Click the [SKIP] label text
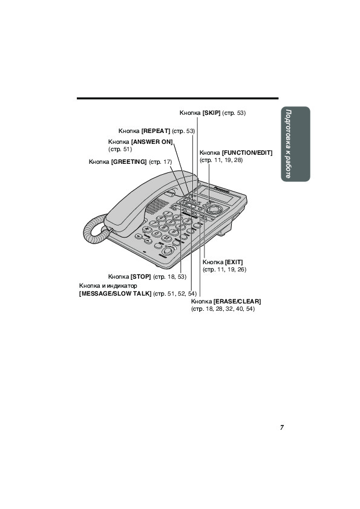tap(212, 112)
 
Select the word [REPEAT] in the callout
tap(155, 131)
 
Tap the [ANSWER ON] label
tap(152, 141)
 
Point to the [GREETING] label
tap(129, 161)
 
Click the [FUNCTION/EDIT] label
tap(247, 152)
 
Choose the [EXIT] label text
tap(234, 262)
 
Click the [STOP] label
tap(141, 277)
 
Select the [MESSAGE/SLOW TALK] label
tap(116, 294)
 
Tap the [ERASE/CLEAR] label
tap(237, 301)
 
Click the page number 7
tap(282, 427)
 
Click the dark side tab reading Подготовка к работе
tap(295, 144)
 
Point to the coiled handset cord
tap(95, 229)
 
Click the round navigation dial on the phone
tap(213, 209)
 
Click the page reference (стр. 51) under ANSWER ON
tap(120, 149)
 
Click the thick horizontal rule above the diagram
tap(178, 98)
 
